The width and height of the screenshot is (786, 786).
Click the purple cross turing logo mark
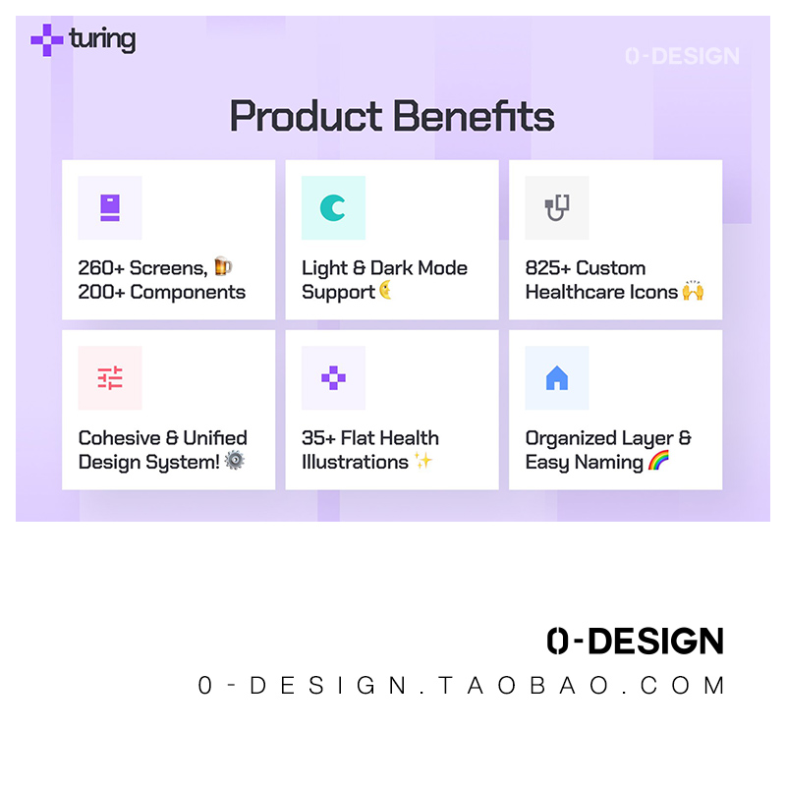point(47,40)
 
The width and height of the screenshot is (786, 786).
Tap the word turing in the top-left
point(102,39)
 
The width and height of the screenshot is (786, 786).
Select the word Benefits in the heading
point(474,116)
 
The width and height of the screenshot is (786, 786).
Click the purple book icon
point(110,207)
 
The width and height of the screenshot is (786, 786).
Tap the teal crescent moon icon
point(333,207)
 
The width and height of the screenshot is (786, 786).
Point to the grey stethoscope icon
point(557,207)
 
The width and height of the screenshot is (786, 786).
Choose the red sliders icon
point(110,378)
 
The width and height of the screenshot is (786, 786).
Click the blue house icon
point(557,378)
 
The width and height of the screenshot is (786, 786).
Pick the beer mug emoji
point(223,266)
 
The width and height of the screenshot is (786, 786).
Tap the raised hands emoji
point(694,290)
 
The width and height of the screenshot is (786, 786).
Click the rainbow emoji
point(658,460)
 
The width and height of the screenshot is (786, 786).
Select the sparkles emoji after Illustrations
point(422,460)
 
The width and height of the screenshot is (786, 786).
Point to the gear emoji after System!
point(234,460)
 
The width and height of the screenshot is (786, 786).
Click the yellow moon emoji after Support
point(385,290)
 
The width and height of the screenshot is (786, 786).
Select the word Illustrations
point(355,462)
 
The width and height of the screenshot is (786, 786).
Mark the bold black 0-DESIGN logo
point(635,641)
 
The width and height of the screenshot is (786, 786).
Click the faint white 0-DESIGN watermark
point(682,56)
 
